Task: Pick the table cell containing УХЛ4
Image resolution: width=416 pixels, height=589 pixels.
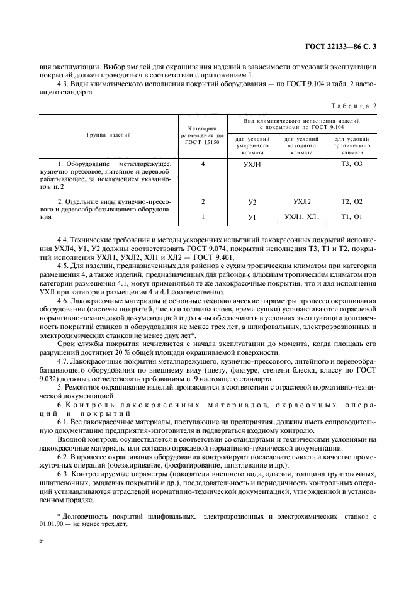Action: pyautogui.click(x=252, y=164)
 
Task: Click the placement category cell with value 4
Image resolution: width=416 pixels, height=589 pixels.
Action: pyautogui.click(x=203, y=164)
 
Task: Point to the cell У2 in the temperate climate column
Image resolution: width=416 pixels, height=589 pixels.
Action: pyautogui.click(x=252, y=202)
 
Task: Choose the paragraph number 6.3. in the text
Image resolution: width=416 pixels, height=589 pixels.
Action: pyautogui.click(x=65, y=471)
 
